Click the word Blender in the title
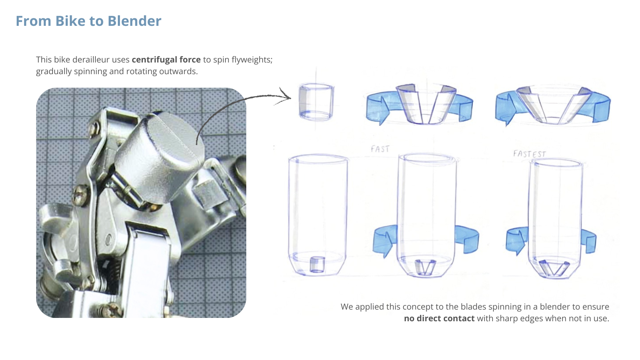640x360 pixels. pyautogui.click(x=134, y=21)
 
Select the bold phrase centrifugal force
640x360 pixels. pyautogui.click(x=166, y=60)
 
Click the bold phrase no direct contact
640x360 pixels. pyautogui.click(x=439, y=318)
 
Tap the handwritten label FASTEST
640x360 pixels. pyautogui.click(x=530, y=154)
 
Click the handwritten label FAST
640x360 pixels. pyautogui.click(x=380, y=149)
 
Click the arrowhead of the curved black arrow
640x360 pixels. pyautogui.click(x=286, y=96)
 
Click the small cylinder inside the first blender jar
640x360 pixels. pyautogui.click(x=317, y=265)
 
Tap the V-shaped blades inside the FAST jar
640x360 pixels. pyautogui.click(x=425, y=267)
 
